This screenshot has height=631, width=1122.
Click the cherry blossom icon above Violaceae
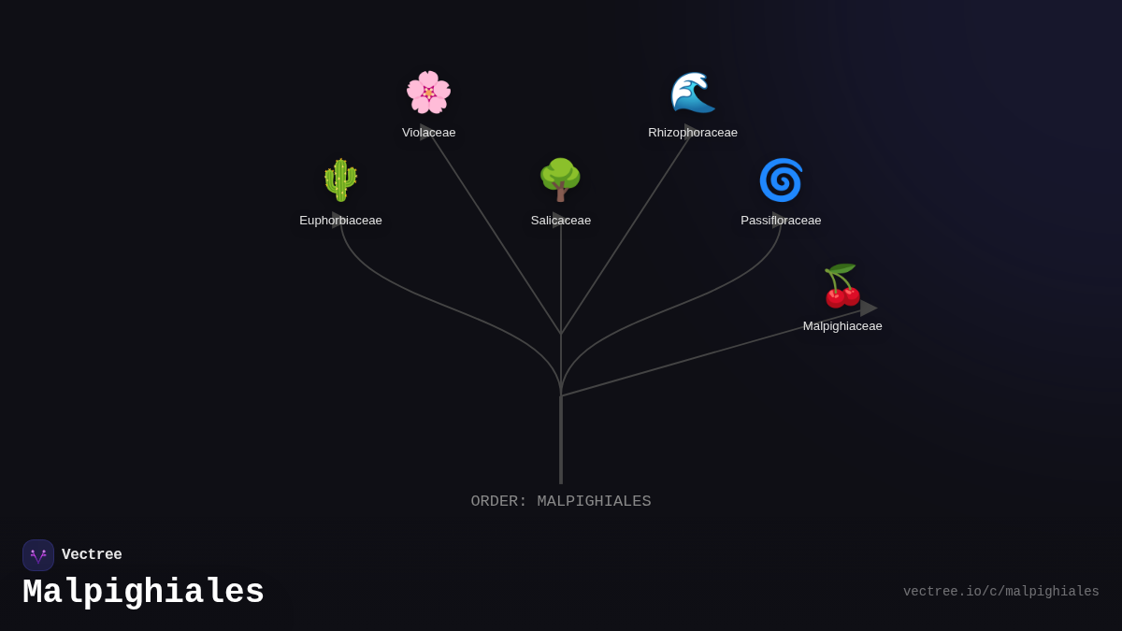click(x=428, y=93)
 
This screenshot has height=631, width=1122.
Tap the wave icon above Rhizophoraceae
click(x=693, y=93)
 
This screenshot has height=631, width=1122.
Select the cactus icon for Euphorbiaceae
click(x=340, y=180)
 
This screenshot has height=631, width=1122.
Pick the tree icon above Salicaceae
click(x=561, y=180)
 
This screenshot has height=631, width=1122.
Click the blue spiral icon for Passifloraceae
click(x=781, y=180)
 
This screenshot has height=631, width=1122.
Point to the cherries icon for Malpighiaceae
click(x=841, y=286)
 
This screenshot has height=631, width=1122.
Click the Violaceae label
click(x=429, y=133)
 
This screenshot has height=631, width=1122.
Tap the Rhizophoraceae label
click(x=693, y=133)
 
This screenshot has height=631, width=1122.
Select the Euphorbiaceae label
click(x=340, y=221)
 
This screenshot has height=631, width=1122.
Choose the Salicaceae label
click(x=561, y=221)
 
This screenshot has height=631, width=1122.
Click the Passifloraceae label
click(x=781, y=221)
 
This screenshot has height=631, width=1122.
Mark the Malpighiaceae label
click(x=842, y=326)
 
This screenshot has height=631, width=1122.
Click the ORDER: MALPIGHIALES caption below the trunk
click(x=561, y=502)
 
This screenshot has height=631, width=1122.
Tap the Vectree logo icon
click(x=38, y=555)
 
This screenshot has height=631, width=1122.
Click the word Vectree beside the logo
click(x=92, y=555)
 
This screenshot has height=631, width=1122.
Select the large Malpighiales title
click(x=144, y=593)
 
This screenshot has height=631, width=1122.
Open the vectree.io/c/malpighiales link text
click(x=1000, y=592)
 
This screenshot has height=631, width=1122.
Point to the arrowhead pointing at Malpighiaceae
click(x=869, y=308)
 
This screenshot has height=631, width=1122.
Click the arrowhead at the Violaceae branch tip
click(x=425, y=131)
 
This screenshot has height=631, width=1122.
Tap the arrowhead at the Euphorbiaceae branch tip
click(x=338, y=220)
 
